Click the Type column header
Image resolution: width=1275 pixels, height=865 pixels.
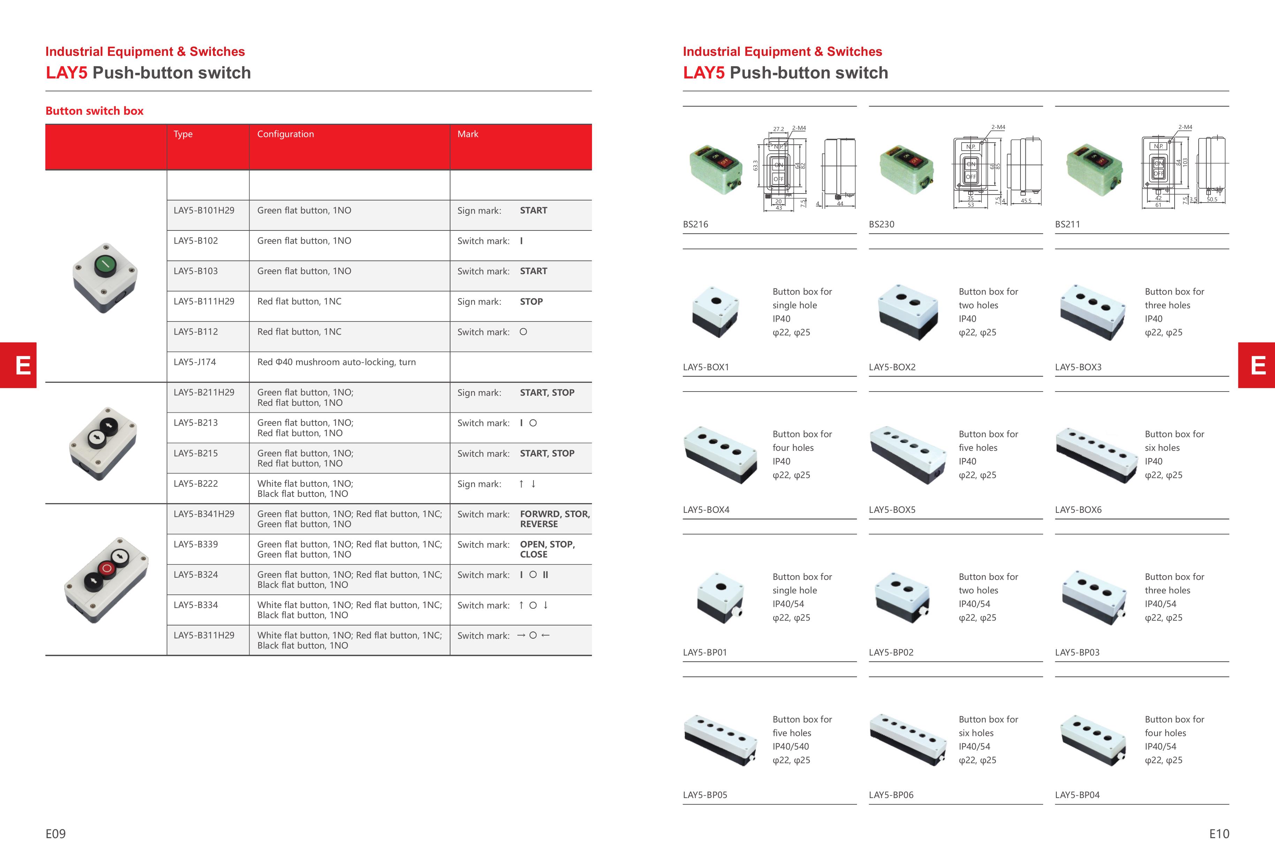click(x=183, y=134)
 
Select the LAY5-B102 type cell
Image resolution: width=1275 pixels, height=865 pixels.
click(x=196, y=241)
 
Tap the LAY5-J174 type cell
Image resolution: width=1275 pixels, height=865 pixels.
click(x=195, y=362)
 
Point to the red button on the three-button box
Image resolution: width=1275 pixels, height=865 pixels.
click(x=107, y=569)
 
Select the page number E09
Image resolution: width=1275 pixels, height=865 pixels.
click(x=55, y=834)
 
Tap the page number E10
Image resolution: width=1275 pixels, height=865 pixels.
click(x=1219, y=834)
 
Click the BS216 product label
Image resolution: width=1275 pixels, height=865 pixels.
click(x=695, y=224)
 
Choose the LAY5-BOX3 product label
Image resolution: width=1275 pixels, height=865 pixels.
click(x=1078, y=367)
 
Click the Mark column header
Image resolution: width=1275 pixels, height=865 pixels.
click(x=468, y=134)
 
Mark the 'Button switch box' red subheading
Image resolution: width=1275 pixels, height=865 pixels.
click(x=94, y=111)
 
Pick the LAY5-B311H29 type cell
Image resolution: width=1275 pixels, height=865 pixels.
click(x=204, y=635)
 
